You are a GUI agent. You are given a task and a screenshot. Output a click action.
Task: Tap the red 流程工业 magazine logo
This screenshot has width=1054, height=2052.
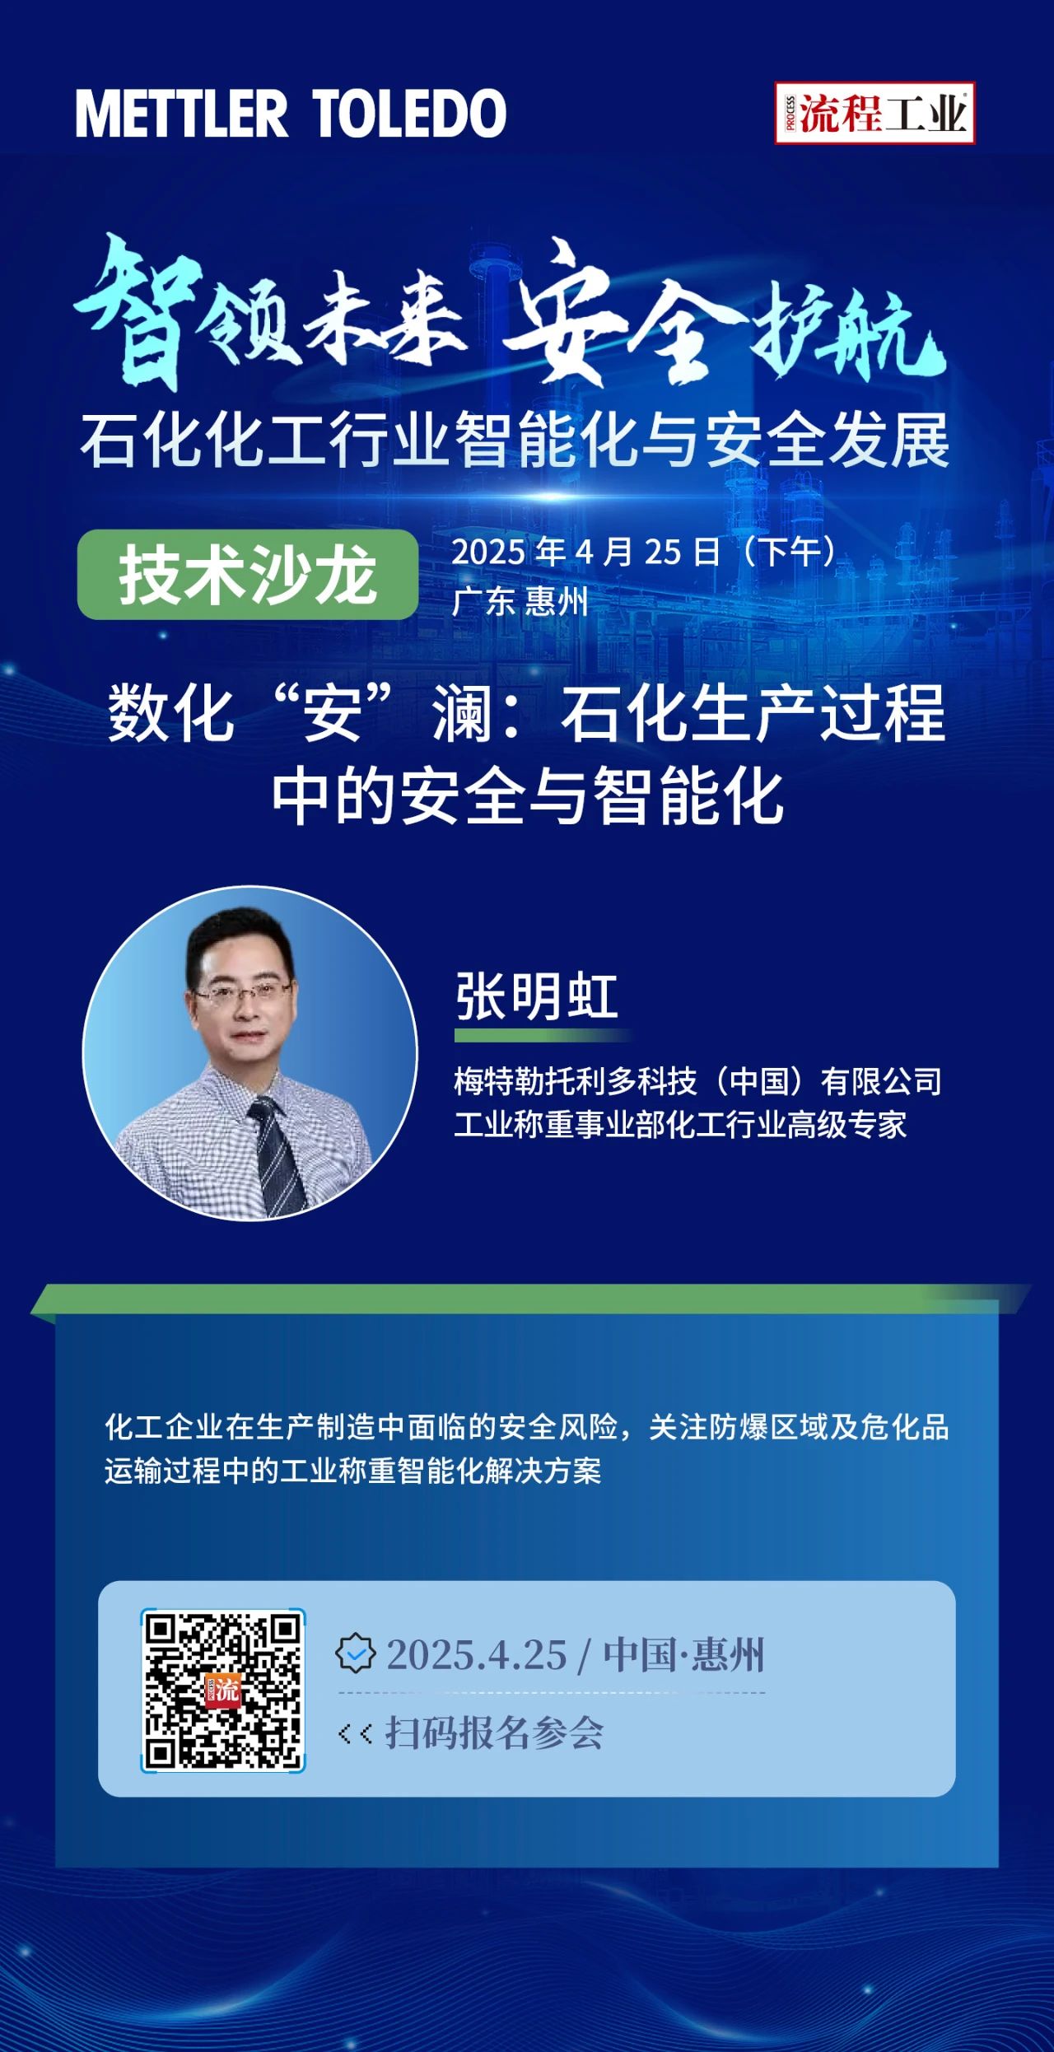coord(874,113)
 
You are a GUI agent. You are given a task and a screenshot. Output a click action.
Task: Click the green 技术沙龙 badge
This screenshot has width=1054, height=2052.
coord(248,574)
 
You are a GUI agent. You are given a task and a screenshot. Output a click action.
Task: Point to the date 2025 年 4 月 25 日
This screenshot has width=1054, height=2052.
coord(585,552)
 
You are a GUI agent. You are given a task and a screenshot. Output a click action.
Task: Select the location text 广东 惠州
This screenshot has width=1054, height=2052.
coord(520,601)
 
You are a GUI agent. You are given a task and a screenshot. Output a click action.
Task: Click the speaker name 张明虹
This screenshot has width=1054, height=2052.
coord(536,996)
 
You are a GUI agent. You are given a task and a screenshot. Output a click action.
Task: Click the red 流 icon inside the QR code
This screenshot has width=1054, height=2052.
coord(222,1691)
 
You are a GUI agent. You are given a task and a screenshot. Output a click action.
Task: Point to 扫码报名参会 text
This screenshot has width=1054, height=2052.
coord(494,1733)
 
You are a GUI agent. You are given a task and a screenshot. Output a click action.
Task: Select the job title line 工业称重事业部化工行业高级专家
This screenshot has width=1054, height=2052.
coord(680,1125)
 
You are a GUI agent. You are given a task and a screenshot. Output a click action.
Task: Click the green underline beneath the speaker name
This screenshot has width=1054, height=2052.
coord(543,1034)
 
